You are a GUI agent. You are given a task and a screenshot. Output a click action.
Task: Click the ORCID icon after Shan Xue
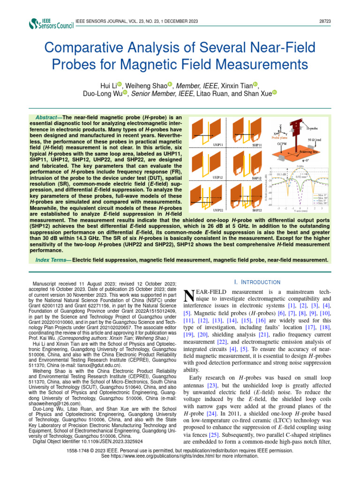[x=274, y=93]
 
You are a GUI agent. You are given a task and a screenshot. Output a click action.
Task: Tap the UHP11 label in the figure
[x=218, y=145]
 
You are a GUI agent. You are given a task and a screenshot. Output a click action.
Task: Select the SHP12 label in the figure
[x=256, y=178]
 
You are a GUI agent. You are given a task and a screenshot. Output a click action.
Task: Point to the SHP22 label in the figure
[x=256, y=211]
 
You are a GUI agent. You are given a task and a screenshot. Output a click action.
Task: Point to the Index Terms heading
[x=52, y=259]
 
